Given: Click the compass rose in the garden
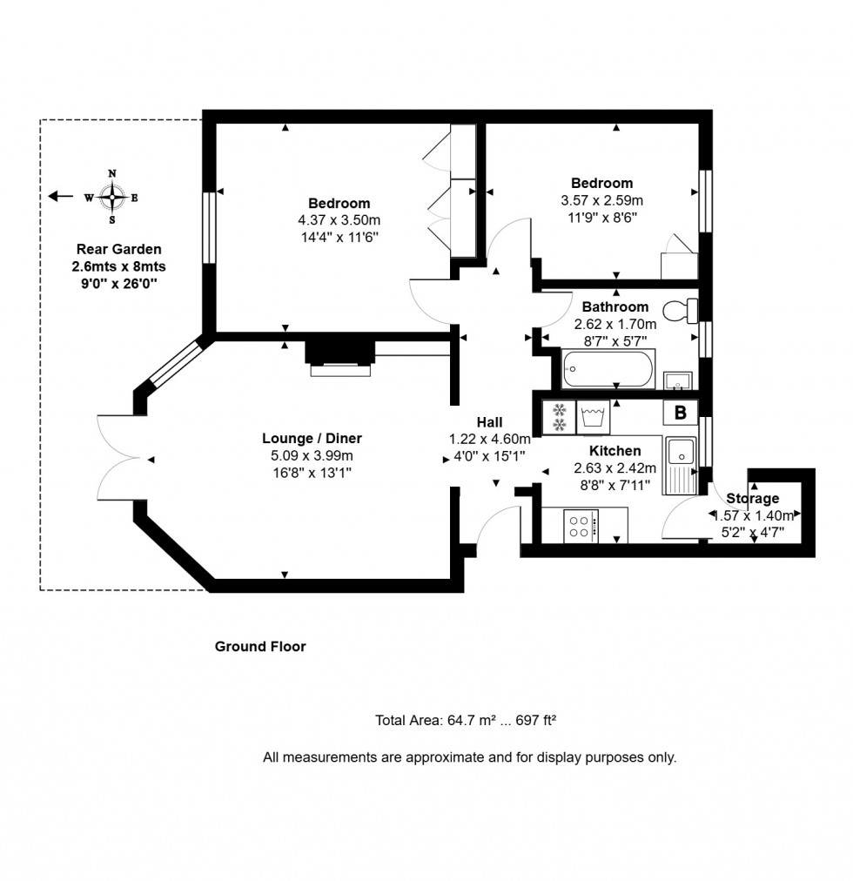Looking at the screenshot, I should point(111,198).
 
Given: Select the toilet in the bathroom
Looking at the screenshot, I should point(680,309).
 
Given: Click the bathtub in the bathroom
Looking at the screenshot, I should point(607,370).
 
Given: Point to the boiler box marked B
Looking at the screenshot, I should point(680,413).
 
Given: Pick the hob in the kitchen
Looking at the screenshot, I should point(581,525).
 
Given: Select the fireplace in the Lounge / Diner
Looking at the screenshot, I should point(340,353).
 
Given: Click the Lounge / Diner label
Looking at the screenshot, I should point(312,439).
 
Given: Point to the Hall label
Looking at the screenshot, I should point(489,421).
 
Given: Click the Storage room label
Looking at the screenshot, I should point(753,499).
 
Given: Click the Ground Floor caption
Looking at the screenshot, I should point(260,647).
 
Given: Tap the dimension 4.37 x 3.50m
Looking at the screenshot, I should point(339,220).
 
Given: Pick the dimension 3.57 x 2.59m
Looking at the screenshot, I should point(601,200).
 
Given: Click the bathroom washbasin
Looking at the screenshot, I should point(676,380).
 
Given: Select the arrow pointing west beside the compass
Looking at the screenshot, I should point(60,197).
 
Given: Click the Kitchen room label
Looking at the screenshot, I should point(615,451).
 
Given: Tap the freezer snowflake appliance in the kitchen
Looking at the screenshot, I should point(560,417).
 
